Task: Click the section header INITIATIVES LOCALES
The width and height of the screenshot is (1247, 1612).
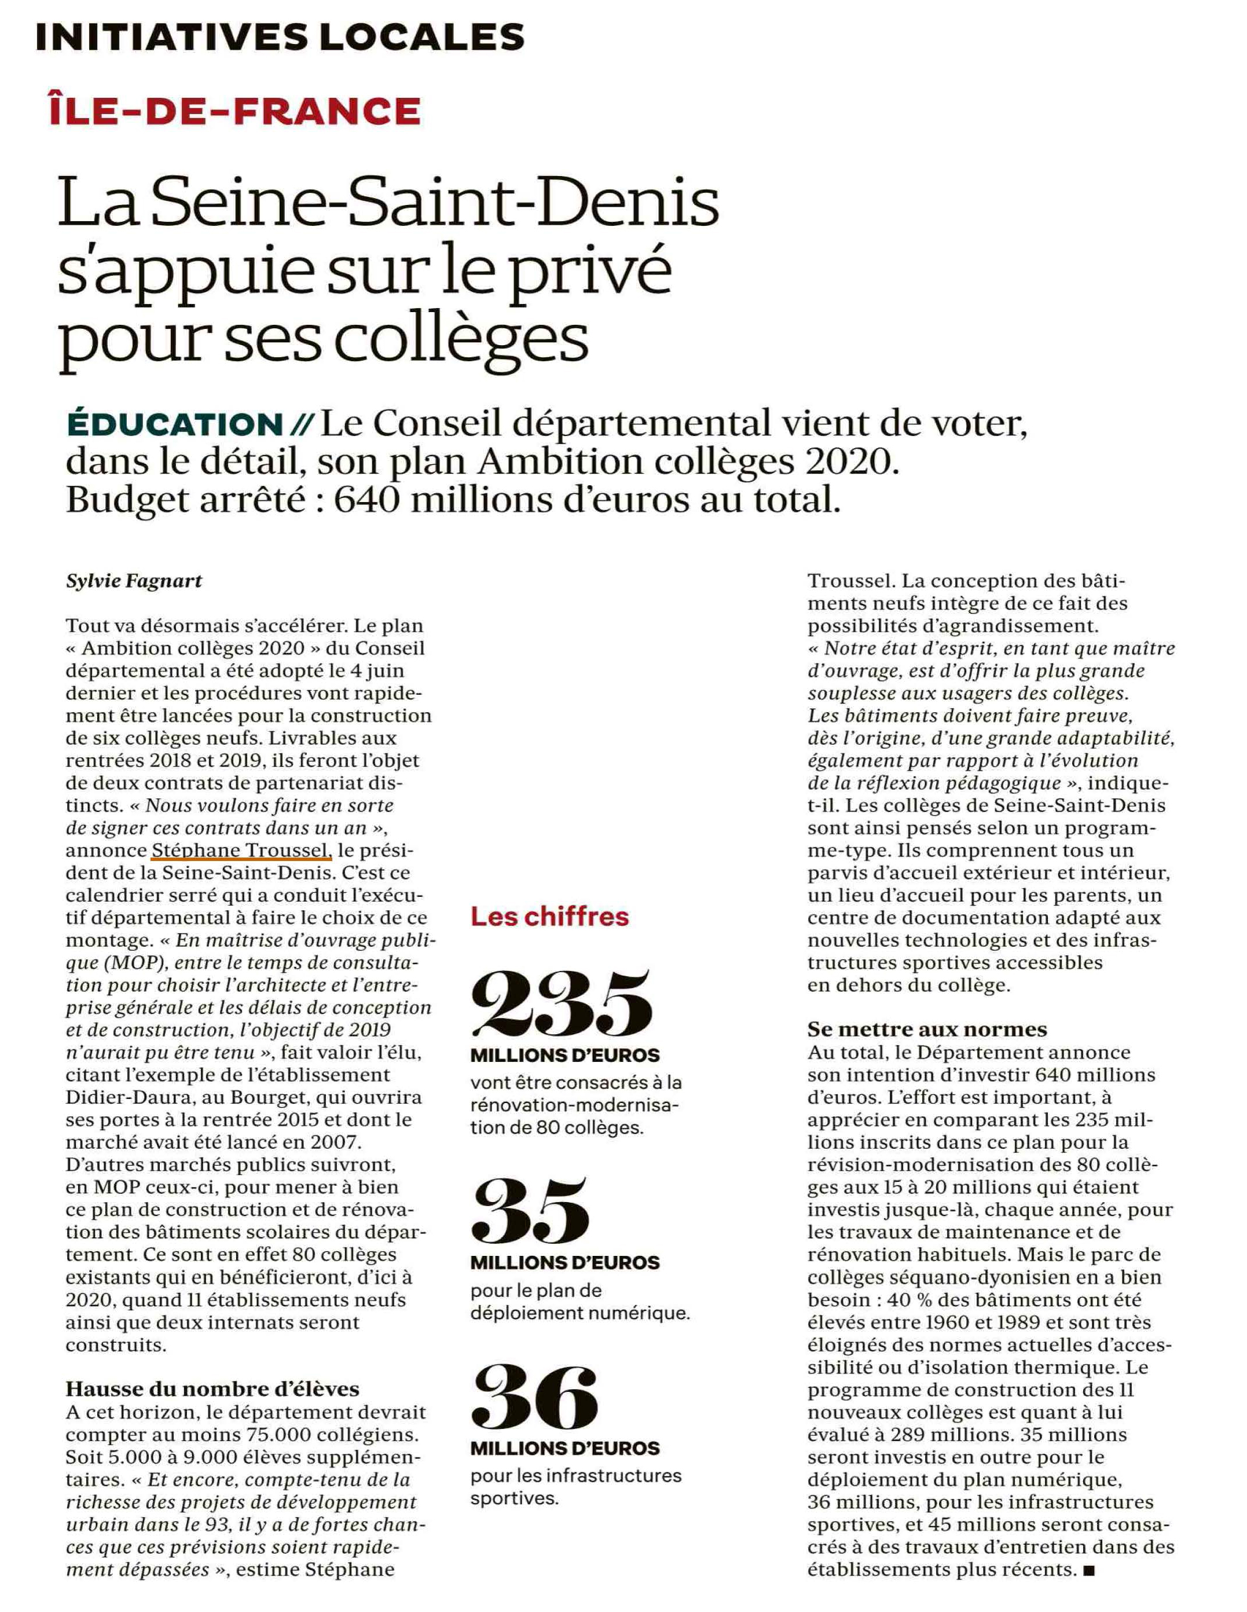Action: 280,37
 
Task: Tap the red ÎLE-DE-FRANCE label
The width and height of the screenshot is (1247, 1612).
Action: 234,111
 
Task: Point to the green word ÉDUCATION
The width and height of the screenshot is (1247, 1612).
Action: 175,424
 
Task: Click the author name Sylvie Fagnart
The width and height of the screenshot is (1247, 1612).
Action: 134,581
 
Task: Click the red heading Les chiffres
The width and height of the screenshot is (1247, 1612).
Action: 550,917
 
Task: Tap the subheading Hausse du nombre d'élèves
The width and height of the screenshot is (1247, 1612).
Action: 212,1389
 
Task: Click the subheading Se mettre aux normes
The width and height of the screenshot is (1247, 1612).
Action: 927,1029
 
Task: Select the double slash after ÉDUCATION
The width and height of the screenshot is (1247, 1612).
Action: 302,424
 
